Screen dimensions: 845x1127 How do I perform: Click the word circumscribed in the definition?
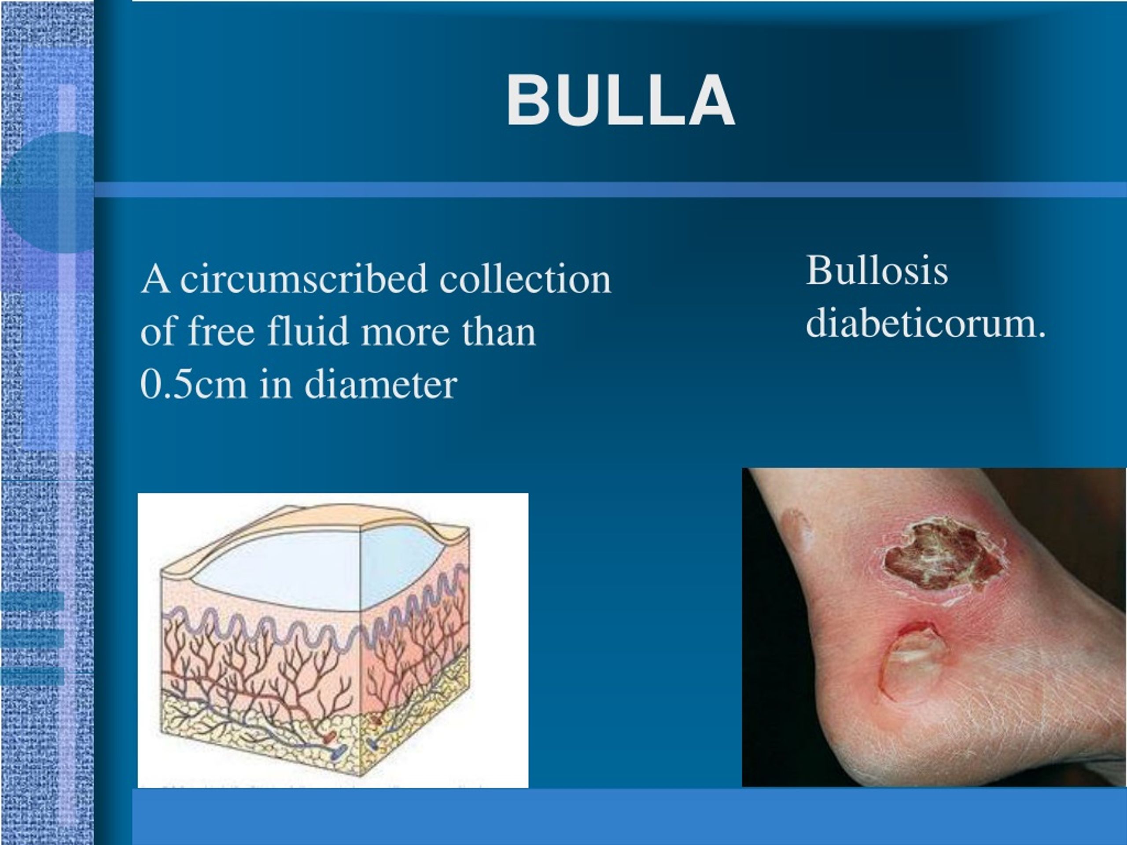point(304,279)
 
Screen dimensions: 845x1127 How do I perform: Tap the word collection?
point(525,279)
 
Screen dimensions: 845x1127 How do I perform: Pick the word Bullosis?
point(877,271)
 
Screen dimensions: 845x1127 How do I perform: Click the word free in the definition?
point(221,331)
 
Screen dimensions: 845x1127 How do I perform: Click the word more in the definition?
point(405,331)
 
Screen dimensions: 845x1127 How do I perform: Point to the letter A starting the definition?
point(155,279)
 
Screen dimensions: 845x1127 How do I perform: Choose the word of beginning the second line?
point(158,331)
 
